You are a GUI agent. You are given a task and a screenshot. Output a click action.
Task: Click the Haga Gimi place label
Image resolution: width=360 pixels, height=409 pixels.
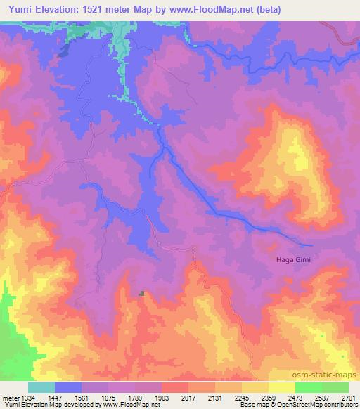(x=292, y=260)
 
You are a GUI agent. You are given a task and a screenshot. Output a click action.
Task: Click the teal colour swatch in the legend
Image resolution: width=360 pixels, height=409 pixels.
(x=41, y=387)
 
